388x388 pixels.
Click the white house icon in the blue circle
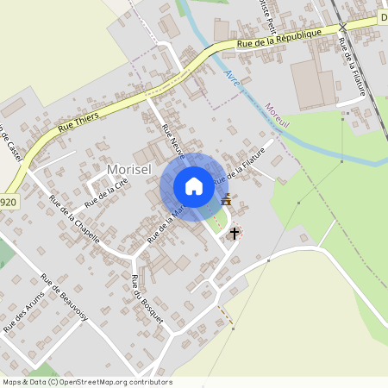click(x=194, y=185)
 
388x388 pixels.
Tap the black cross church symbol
click(x=234, y=233)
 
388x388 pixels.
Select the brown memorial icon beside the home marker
click(x=227, y=199)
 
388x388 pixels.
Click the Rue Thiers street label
click(x=78, y=119)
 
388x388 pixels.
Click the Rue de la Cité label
click(x=107, y=193)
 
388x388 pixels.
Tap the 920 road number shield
click(x=8, y=203)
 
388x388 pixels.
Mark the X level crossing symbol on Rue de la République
click(x=343, y=27)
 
